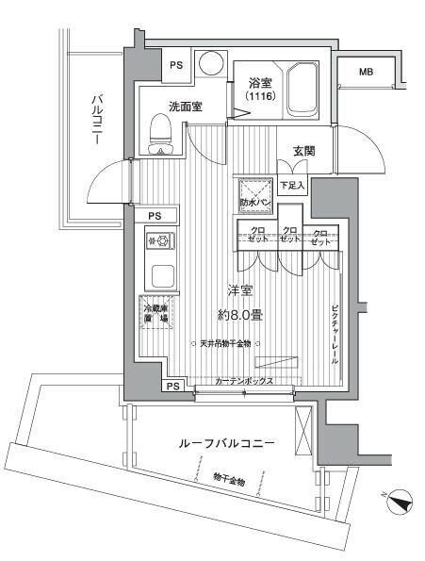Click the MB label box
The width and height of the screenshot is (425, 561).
[x=366, y=72]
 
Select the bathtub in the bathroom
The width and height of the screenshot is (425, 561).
[x=303, y=89]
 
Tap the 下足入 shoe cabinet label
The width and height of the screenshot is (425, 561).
[x=293, y=184]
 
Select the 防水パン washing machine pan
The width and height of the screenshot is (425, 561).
[x=253, y=195]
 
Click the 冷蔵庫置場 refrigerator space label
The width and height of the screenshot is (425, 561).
[x=156, y=314]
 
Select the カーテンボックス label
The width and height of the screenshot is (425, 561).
[x=244, y=381]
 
